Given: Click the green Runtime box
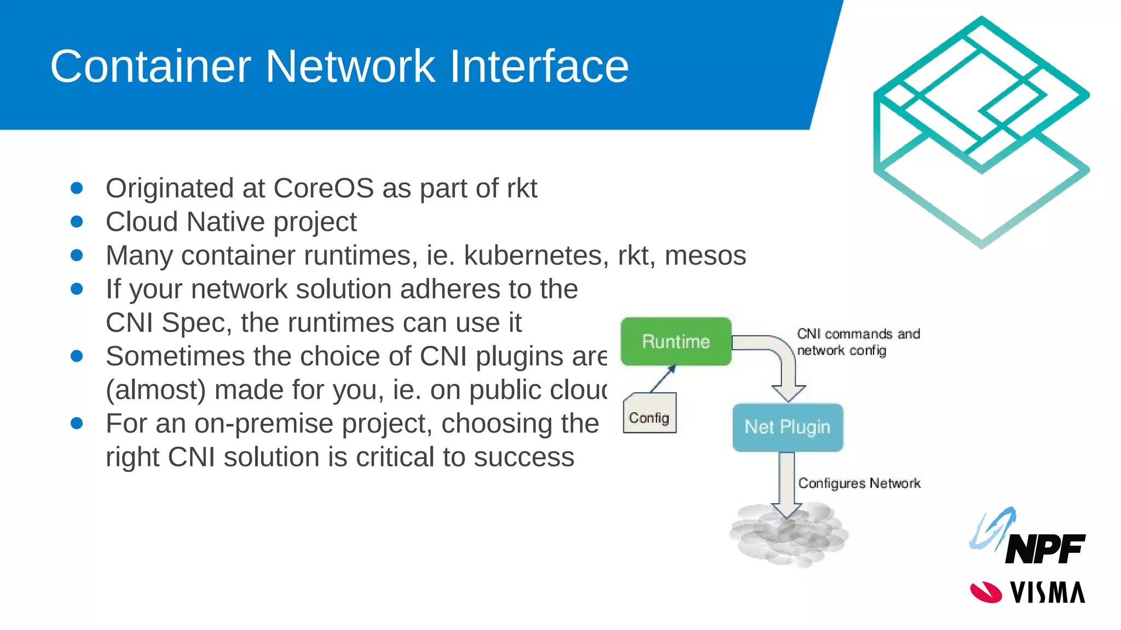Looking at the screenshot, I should [x=676, y=341].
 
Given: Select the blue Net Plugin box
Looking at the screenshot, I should [x=788, y=427].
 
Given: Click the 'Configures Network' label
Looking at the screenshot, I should [x=859, y=483].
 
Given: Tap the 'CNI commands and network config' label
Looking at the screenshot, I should [x=858, y=342].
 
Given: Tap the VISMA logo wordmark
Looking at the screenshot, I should [x=1047, y=593].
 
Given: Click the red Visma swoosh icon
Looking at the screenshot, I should [x=985, y=592].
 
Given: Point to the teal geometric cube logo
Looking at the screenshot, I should [x=981, y=131].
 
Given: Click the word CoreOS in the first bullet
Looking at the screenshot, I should [x=323, y=188].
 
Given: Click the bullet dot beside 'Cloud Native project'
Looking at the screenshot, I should [x=77, y=222].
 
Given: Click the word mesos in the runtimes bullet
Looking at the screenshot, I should [x=705, y=255].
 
